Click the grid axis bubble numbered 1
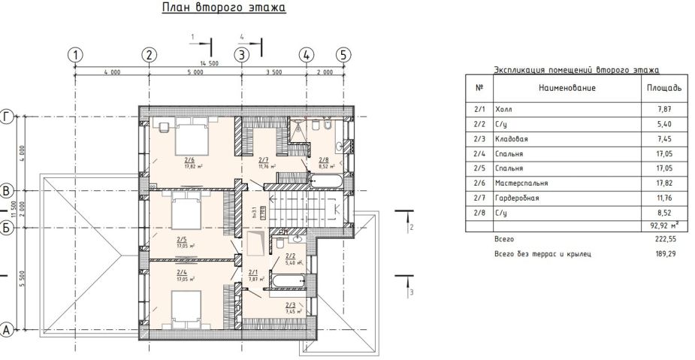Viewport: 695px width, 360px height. coord(74,54)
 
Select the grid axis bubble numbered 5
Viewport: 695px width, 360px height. coord(343,54)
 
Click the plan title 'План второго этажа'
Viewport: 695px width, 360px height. coord(224,9)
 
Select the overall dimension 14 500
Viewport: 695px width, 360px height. coord(209,64)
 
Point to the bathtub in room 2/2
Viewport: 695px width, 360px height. coord(286,282)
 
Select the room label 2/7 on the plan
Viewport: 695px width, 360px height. coord(263,160)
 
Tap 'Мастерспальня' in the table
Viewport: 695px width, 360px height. coord(521,183)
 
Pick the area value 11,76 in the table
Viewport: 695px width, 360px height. coord(664,198)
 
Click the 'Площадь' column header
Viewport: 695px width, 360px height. coord(664,89)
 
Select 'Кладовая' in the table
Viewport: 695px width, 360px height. coord(512,138)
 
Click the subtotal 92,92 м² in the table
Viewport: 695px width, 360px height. coord(664,225)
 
